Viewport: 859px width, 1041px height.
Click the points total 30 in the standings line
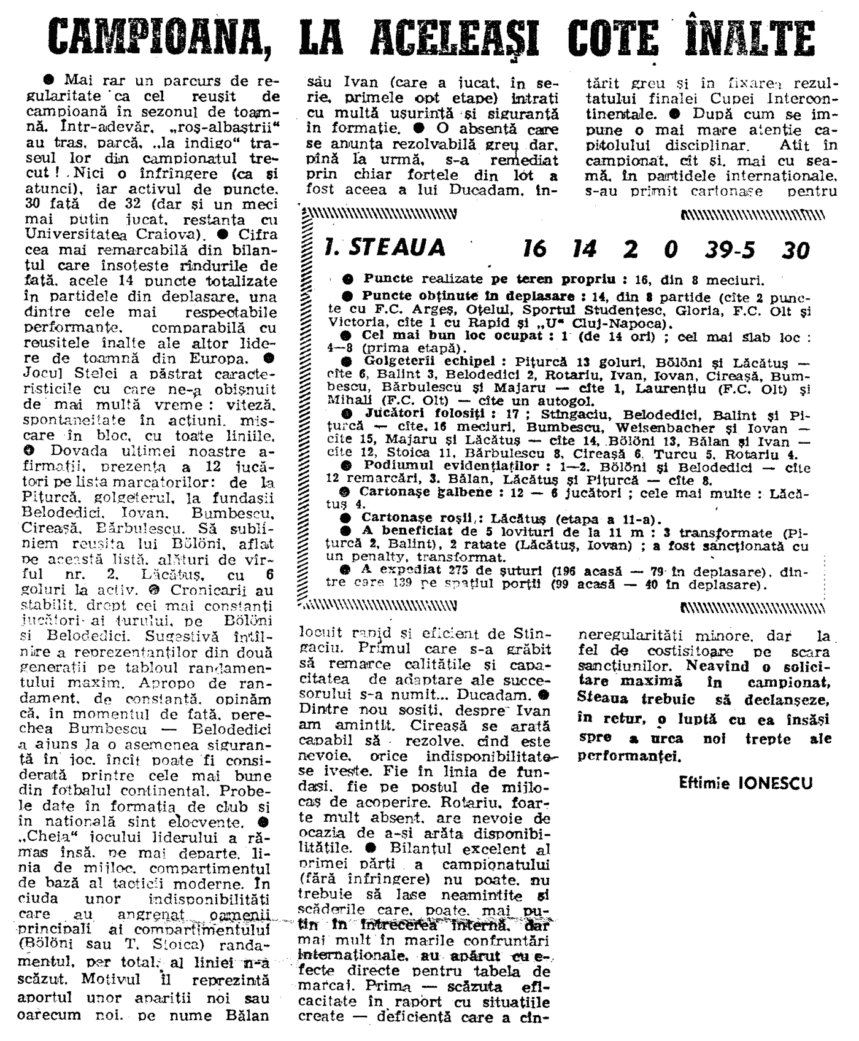tap(796, 250)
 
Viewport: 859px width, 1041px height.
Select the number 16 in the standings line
tap(534, 249)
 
